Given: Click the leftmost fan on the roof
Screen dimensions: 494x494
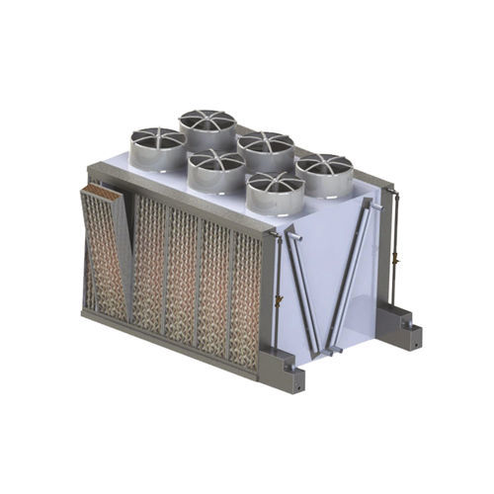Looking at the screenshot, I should coord(157,146).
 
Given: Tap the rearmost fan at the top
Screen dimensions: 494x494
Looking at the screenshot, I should coord(207,125).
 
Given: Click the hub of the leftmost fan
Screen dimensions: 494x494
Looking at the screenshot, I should coord(157,139).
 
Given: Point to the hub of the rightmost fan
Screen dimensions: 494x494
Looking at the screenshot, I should coord(323,164).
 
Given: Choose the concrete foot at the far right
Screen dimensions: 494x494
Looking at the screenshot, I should coord(400,320).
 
